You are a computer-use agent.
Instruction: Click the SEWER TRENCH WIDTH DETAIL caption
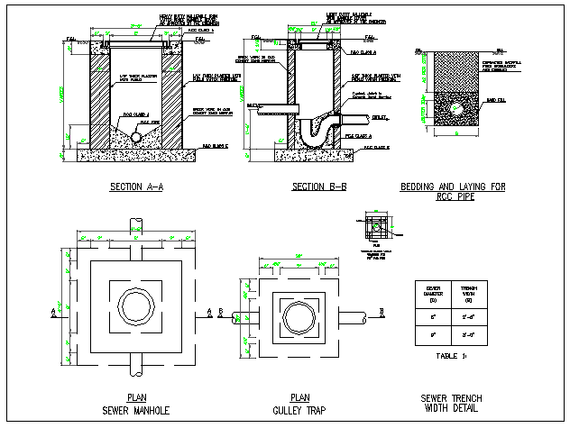tap(452, 404)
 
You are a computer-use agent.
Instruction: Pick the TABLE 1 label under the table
tap(452, 357)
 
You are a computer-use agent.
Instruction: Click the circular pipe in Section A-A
tap(135, 137)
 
